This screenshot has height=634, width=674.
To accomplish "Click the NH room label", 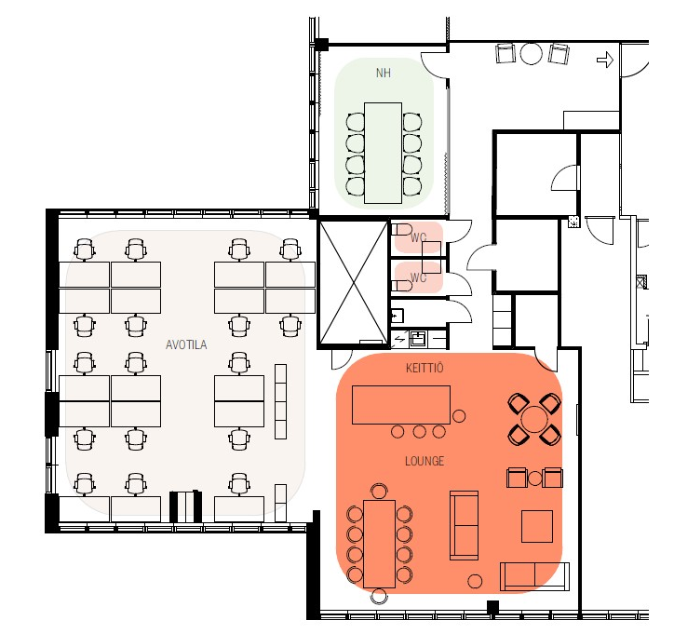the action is pyautogui.click(x=384, y=73).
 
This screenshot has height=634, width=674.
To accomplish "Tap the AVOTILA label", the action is pyautogui.click(x=186, y=344).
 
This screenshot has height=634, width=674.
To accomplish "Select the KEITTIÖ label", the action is pyautogui.click(x=425, y=368).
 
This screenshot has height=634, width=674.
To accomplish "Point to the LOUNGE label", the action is pyautogui.click(x=425, y=461).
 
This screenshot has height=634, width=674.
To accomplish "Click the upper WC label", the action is pyautogui.click(x=418, y=237).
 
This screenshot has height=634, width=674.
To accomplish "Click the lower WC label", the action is pyautogui.click(x=418, y=277).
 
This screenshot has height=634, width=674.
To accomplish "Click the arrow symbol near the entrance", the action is pyautogui.click(x=605, y=60).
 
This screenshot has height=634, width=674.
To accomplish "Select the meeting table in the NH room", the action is pyautogui.click(x=383, y=153).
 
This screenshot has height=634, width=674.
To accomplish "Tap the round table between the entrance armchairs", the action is pyautogui.click(x=532, y=53).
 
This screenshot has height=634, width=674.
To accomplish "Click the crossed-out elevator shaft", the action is pyautogui.click(x=353, y=282).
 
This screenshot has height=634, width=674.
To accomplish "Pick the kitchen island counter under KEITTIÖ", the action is pyautogui.click(x=401, y=405).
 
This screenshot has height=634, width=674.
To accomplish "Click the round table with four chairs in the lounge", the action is pyautogui.click(x=534, y=419).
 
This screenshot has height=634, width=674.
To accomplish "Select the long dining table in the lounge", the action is pyautogui.click(x=379, y=544).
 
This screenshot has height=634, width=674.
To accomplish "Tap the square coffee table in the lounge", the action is pyautogui.click(x=537, y=527).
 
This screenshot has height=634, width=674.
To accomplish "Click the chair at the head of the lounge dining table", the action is pyautogui.click(x=379, y=492).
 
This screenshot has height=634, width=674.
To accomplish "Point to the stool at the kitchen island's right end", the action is pyautogui.click(x=459, y=416).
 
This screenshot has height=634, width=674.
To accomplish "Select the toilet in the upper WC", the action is pyautogui.click(x=401, y=230).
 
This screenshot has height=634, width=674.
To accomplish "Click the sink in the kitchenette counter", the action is pyautogui.click(x=417, y=339).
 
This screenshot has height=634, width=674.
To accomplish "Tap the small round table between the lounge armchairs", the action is pyautogui.click(x=534, y=478).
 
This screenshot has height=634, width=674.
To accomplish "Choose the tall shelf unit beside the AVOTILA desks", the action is pyautogui.click(x=280, y=401).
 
